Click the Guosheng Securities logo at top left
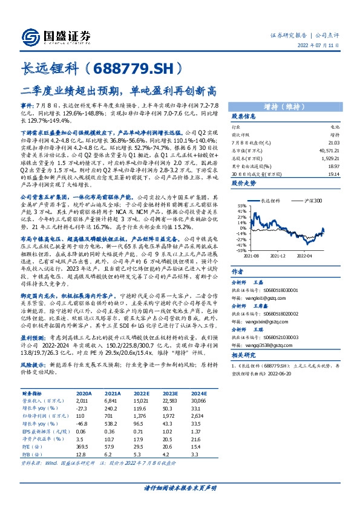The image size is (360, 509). coord(57,35)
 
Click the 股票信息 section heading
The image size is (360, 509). coord(244,116)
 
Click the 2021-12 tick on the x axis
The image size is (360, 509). coord(277,256)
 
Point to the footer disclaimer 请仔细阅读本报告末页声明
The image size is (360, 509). coord(180,488)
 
